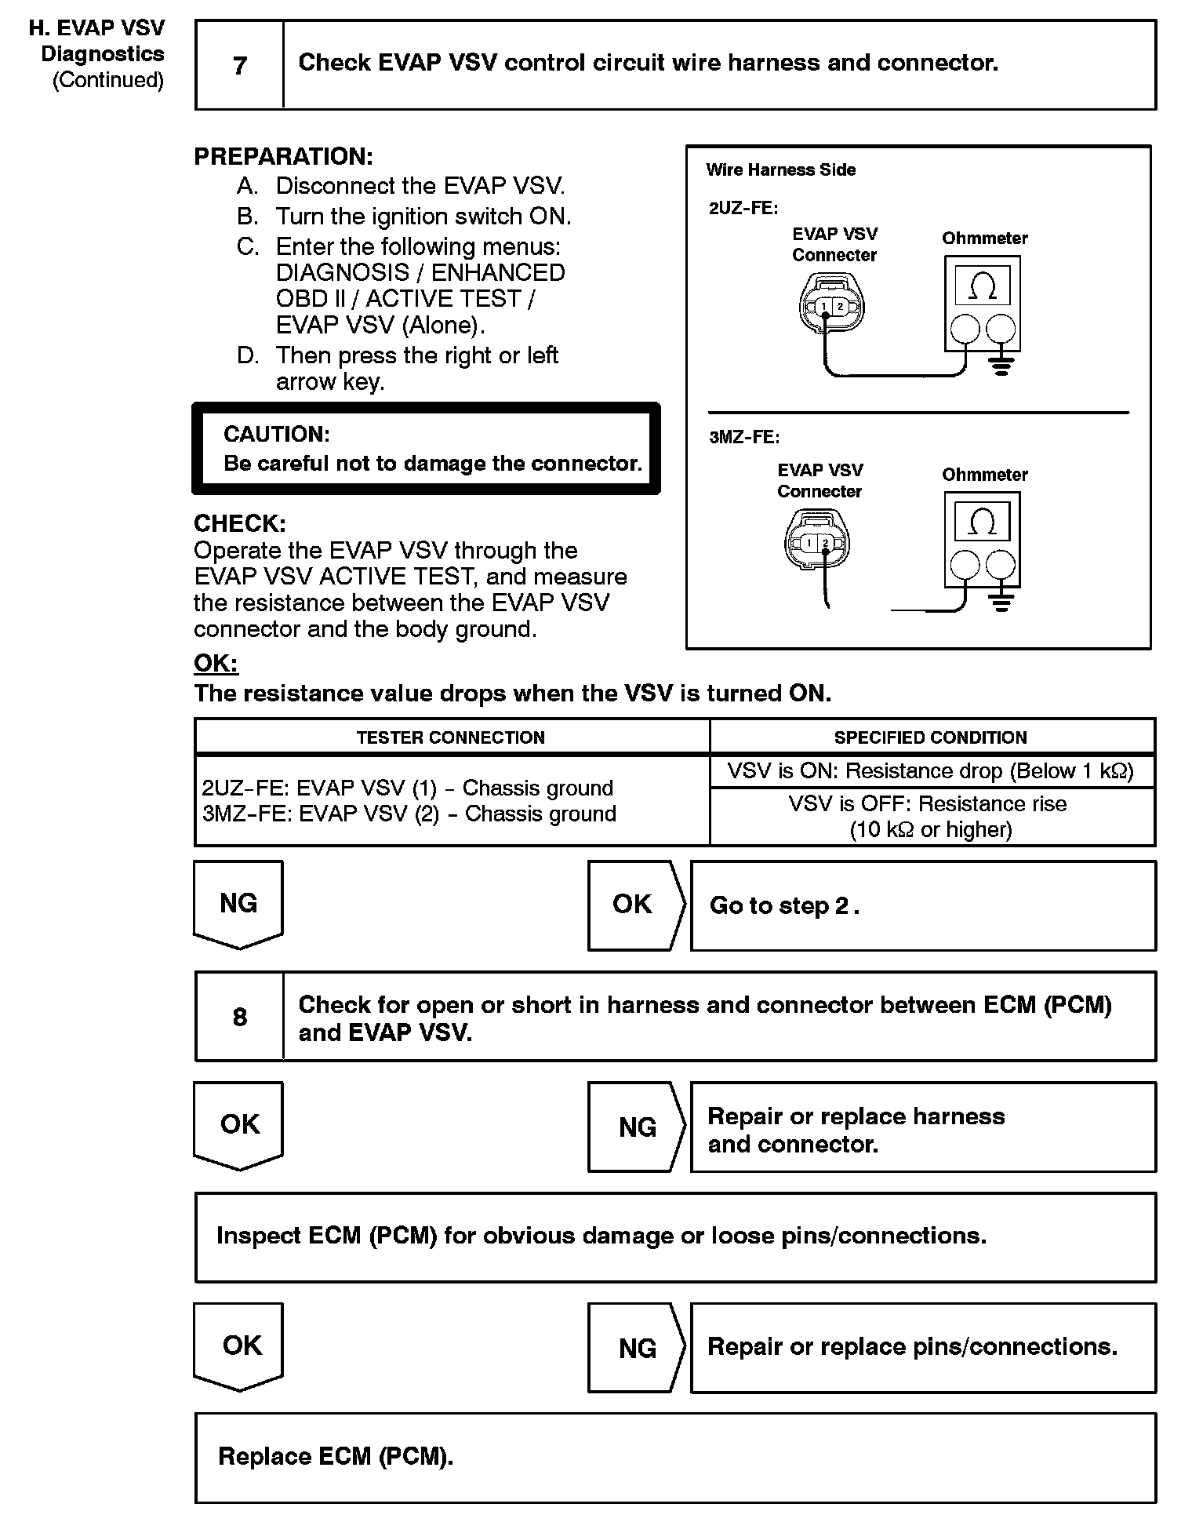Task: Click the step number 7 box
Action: point(240,65)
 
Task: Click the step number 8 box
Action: point(240,1017)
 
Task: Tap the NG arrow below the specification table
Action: point(238,904)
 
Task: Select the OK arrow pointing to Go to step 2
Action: point(635,905)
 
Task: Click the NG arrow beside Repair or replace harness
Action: point(637,1127)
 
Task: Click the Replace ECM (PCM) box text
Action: point(336,1457)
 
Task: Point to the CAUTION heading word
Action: point(277,435)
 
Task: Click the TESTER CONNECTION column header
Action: point(451,737)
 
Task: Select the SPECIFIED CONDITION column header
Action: point(930,737)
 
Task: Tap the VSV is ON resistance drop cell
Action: point(931,771)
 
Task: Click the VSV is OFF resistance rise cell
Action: point(931,817)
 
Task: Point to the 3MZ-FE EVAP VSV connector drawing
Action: point(816,541)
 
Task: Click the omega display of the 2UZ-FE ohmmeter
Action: point(983,286)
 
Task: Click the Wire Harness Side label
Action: point(780,170)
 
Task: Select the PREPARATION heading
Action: point(283,157)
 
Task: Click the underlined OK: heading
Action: point(216,664)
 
